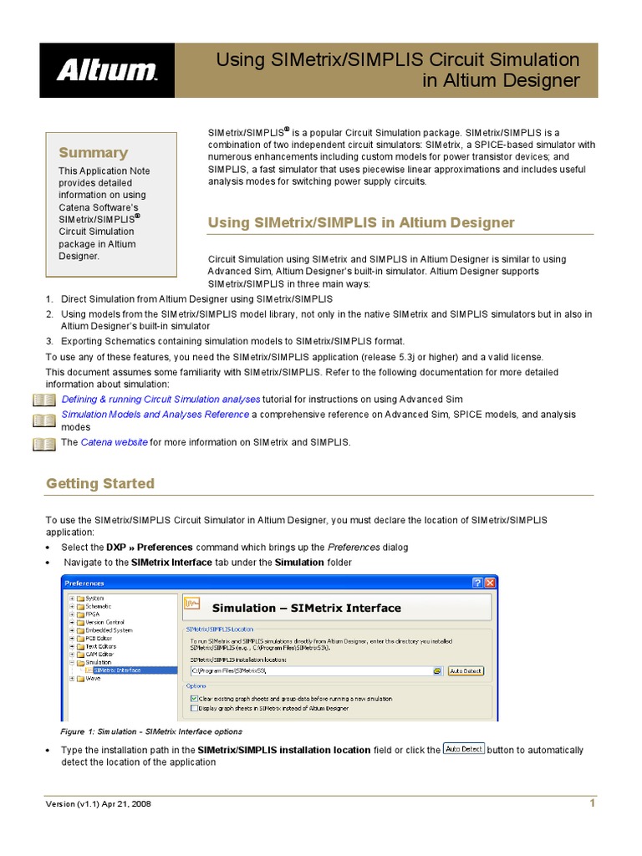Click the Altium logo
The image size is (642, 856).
click(106, 70)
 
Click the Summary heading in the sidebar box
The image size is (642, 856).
click(93, 152)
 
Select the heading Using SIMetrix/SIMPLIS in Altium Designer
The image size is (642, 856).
click(360, 222)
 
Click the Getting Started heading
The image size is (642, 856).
click(99, 483)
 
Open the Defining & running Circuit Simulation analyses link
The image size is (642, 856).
click(160, 400)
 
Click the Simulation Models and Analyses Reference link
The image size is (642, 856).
click(155, 415)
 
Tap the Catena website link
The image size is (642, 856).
click(114, 442)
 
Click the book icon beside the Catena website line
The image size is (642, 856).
click(43, 443)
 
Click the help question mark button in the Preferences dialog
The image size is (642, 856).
click(476, 582)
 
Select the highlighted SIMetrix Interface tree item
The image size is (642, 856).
click(116, 670)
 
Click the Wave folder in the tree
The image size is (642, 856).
click(93, 679)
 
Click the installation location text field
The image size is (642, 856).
click(309, 670)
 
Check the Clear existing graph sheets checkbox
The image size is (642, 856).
click(194, 697)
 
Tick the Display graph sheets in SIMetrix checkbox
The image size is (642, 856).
click(194, 707)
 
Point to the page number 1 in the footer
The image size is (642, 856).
click(592, 803)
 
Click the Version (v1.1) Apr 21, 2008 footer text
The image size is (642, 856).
click(98, 804)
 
